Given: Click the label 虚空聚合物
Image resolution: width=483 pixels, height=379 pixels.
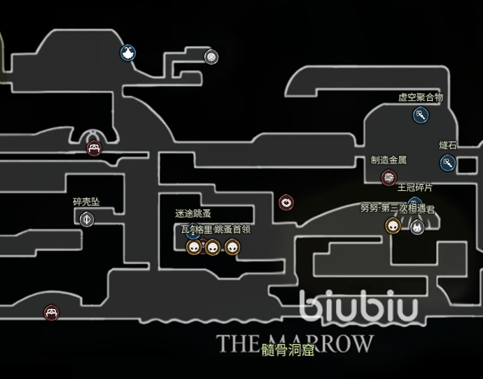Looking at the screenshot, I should pyautogui.click(x=420, y=97).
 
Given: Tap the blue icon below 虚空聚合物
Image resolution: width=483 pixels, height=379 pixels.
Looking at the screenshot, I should pyautogui.click(x=420, y=115).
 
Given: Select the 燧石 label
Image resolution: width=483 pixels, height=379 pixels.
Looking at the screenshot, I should pyautogui.click(x=448, y=145).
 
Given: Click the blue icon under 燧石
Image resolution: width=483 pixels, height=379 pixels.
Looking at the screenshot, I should pyautogui.click(x=447, y=162).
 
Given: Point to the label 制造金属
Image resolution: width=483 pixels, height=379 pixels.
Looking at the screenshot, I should pyautogui.click(x=388, y=160).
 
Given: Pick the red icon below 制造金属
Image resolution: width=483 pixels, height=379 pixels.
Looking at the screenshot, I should pyautogui.click(x=388, y=177).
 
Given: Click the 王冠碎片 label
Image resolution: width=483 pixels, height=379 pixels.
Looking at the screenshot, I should pyautogui.click(x=415, y=189).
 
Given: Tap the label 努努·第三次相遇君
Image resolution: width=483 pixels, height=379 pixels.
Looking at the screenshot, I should pyautogui.click(x=397, y=208).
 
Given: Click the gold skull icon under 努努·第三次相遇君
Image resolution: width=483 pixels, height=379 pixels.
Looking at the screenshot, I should pyautogui.click(x=393, y=226).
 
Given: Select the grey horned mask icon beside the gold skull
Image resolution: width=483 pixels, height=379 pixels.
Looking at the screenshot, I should pyautogui.click(x=417, y=228).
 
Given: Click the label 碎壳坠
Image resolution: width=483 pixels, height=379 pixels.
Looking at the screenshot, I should pyautogui.click(x=86, y=202).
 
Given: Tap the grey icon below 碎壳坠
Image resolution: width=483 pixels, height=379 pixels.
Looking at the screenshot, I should pyautogui.click(x=87, y=219).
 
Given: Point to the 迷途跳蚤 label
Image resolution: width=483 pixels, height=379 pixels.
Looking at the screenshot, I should pyautogui.click(x=193, y=214).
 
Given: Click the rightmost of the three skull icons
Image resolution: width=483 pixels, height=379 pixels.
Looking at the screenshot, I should pyautogui.click(x=231, y=248).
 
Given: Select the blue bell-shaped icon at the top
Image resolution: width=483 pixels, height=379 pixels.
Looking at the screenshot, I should pyautogui.click(x=128, y=53).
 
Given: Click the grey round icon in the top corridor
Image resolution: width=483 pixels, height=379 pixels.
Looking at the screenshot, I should pyautogui.click(x=211, y=57).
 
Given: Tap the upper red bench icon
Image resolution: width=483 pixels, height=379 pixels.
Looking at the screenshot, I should pyautogui.click(x=94, y=148).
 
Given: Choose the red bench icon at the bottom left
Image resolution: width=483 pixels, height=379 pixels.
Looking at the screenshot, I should pyautogui.click(x=51, y=312).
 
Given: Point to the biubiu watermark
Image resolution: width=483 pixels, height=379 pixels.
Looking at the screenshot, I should pyautogui.click(x=358, y=306).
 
